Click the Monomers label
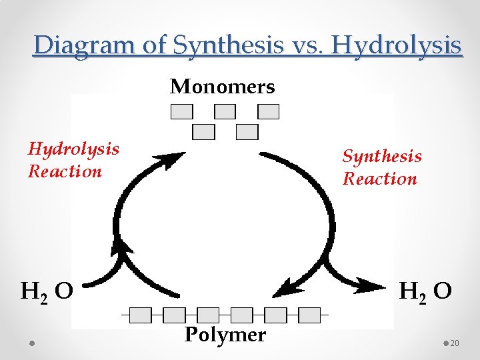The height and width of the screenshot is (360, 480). click(x=222, y=87)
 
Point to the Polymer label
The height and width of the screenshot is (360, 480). click(x=225, y=335)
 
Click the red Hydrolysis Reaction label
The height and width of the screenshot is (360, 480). click(x=73, y=160)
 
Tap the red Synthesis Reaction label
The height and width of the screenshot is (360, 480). click(x=381, y=167)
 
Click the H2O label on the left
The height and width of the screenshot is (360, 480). click(x=47, y=292)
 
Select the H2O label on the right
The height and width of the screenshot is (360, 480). click(x=425, y=292)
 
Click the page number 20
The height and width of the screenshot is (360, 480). click(x=455, y=343)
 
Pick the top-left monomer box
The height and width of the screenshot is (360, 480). click(x=182, y=111)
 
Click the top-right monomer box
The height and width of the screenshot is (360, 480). click(x=268, y=111)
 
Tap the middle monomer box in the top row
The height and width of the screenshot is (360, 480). click(x=225, y=111)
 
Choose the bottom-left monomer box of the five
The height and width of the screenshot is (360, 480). click(x=204, y=132)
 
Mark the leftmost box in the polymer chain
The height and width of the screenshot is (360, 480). click(x=140, y=315)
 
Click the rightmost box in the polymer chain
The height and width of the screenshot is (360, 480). click(x=309, y=315)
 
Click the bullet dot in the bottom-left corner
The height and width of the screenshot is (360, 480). click(x=32, y=343)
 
